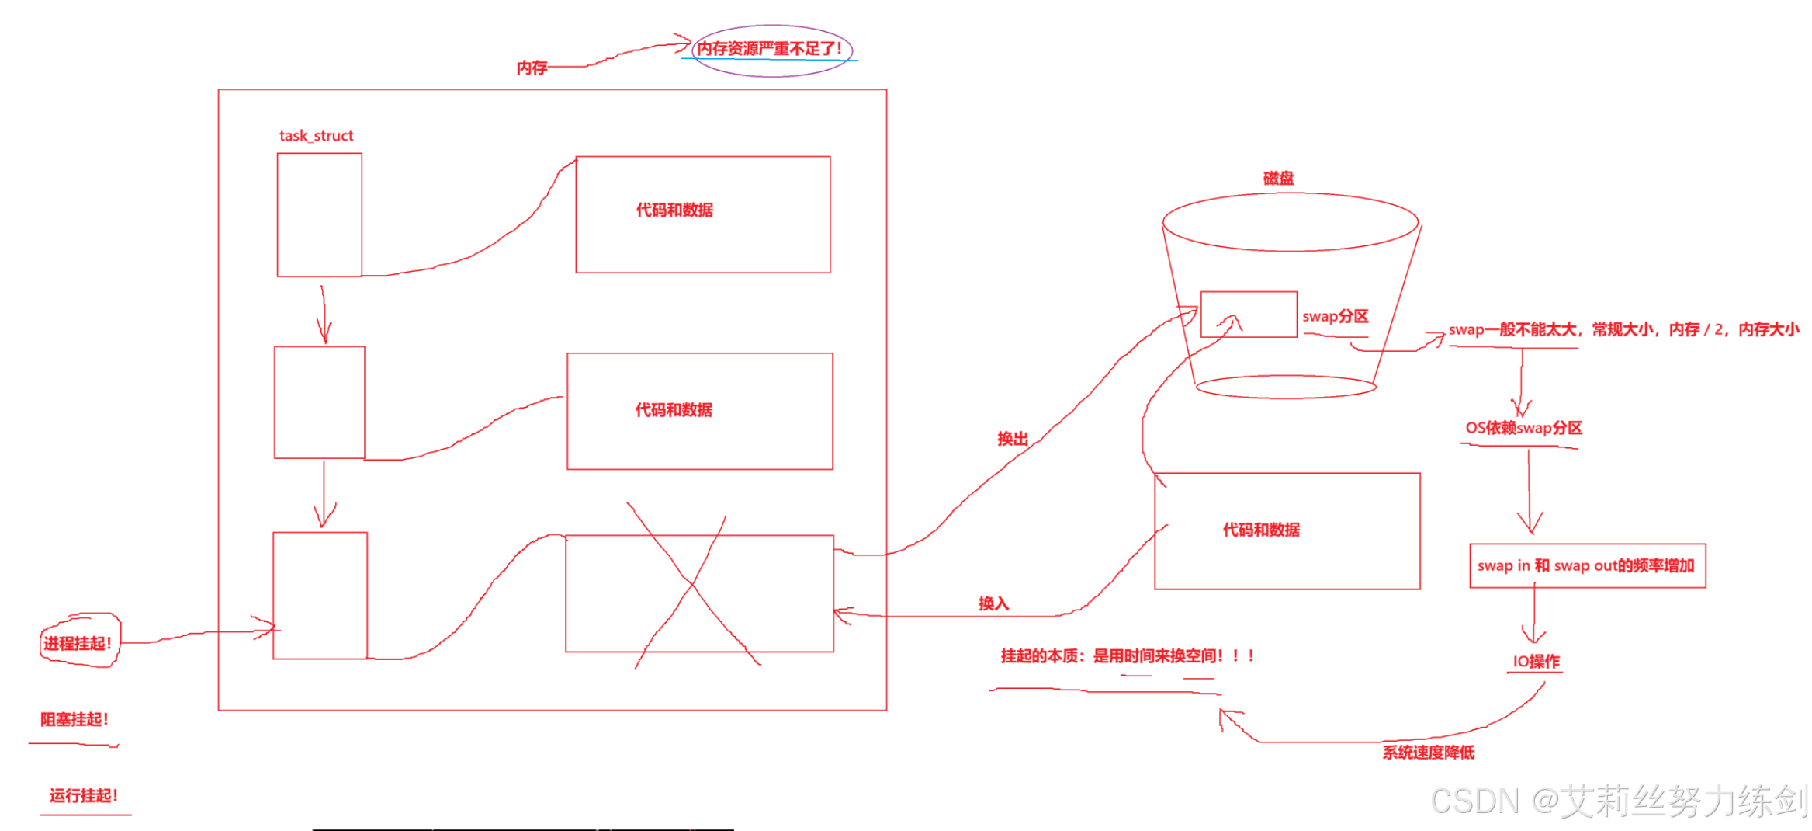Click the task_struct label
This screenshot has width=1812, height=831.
pyautogui.click(x=316, y=136)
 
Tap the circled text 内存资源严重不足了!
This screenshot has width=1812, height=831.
pyautogui.click(x=769, y=49)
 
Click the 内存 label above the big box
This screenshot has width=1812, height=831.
pyautogui.click(x=532, y=68)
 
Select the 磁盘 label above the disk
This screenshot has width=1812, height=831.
pyautogui.click(x=1278, y=178)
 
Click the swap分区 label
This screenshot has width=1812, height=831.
pyautogui.click(x=1335, y=316)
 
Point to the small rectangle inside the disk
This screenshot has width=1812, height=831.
pyautogui.click(x=1248, y=314)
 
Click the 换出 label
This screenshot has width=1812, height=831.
pyautogui.click(x=1012, y=439)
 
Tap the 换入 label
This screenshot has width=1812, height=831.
pyautogui.click(x=993, y=603)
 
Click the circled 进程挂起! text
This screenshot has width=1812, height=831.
pyautogui.click(x=78, y=643)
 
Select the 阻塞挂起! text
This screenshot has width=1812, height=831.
pyautogui.click(x=74, y=719)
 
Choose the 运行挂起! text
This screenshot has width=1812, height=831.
pyautogui.click(x=84, y=795)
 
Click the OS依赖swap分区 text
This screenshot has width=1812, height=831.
pyautogui.click(x=1523, y=428)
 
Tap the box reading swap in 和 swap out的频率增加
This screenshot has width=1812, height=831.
pyautogui.click(x=1587, y=565)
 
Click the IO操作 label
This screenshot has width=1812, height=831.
pyautogui.click(x=1536, y=662)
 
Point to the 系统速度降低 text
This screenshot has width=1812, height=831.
pyautogui.click(x=1428, y=752)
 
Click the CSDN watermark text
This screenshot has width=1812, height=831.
pyautogui.click(x=1619, y=801)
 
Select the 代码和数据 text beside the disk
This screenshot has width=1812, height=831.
pyautogui.click(x=1261, y=530)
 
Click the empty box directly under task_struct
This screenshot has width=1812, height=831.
pyautogui.click(x=320, y=214)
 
